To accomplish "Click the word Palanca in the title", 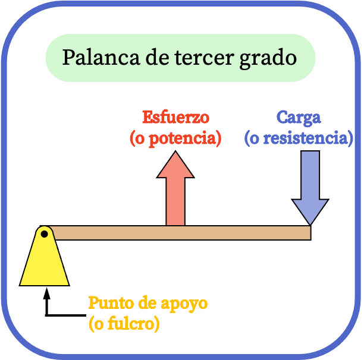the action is (x=101, y=57).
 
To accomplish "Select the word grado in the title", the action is (x=268, y=59).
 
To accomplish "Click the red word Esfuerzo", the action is (x=175, y=117).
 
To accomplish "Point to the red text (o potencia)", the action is (x=175, y=138).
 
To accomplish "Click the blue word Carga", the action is (x=299, y=118).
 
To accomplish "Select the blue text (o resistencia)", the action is (x=299, y=138).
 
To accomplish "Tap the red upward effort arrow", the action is (x=175, y=188).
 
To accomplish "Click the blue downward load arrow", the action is (x=310, y=188).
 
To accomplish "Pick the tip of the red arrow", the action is (x=175, y=151).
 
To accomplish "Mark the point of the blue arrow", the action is (x=310, y=225).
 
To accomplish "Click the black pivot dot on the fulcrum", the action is (x=45, y=234).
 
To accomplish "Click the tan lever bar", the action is (x=180, y=233).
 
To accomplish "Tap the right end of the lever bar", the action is (x=311, y=233).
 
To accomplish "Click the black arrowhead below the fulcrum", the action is (x=47, y=293).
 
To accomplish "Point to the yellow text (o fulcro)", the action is (x=124, y=324).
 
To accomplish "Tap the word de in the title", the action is (x=157, y=57).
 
